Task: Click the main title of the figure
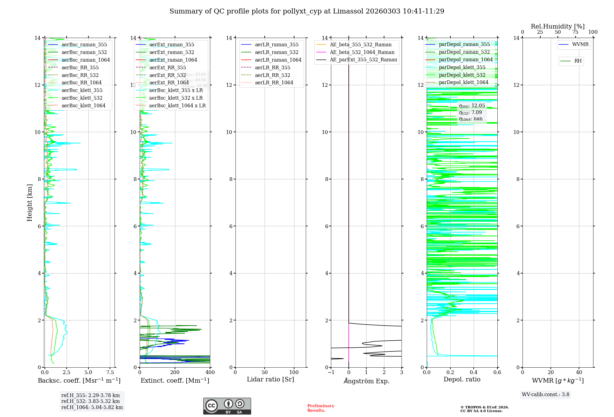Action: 307,11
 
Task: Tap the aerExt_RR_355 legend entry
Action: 167,67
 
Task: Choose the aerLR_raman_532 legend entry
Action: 276,52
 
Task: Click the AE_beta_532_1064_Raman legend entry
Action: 362,52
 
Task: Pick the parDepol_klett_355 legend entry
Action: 462,67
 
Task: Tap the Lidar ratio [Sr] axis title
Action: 270,379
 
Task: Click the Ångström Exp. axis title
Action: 366,381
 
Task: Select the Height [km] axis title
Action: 29,202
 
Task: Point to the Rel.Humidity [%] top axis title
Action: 558,26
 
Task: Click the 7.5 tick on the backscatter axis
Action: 110,373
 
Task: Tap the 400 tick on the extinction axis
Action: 210,373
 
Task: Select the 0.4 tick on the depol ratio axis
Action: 474,373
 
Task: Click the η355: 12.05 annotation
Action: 472,106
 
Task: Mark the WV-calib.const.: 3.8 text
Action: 545,395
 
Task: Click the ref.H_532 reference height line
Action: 90,401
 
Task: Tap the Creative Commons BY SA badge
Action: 227,406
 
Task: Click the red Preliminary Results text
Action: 321,408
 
